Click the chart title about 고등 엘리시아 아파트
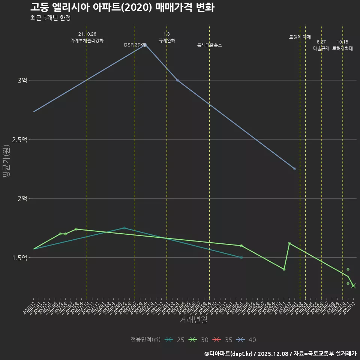pos(122,7)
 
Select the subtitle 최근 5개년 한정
pos(51,18)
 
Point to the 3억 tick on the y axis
pos(23,80)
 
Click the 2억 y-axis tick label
pos(23,198)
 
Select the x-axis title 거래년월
pos(193,320)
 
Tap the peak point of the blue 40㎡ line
pos(145,45)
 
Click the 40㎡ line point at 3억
pos(177,80)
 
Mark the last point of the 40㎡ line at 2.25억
pos(295,169)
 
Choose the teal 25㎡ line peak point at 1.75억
pos(124,228)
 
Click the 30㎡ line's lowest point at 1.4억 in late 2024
pos(284,269)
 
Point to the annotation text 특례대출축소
pos(210,45)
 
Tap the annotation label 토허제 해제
pos(300,37)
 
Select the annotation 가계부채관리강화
pos(87,40)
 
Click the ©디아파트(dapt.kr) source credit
pos(229,354)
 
